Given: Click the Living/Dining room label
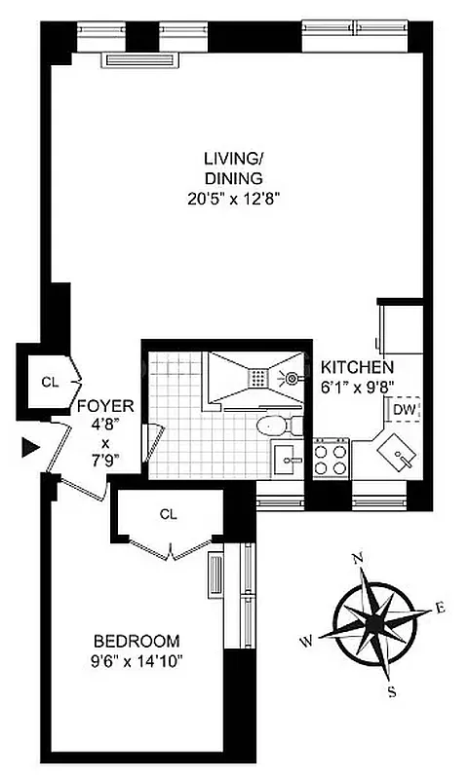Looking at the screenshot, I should tap(233, 167).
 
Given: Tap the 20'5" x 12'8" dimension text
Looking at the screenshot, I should tap(233, 200).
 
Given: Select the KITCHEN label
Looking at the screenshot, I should tap(357, 368).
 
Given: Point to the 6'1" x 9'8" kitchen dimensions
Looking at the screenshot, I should tap(357, 387).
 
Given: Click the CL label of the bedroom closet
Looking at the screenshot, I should tap(168, 513).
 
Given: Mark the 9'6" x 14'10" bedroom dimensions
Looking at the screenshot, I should tap(137, 661).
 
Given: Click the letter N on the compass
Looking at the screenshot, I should tap(358, 557).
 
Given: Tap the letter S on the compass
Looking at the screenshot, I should tap(391, 691).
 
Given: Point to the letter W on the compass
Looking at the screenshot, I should tap(306, 641).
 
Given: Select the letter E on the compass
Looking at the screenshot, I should tap(440, 609).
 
